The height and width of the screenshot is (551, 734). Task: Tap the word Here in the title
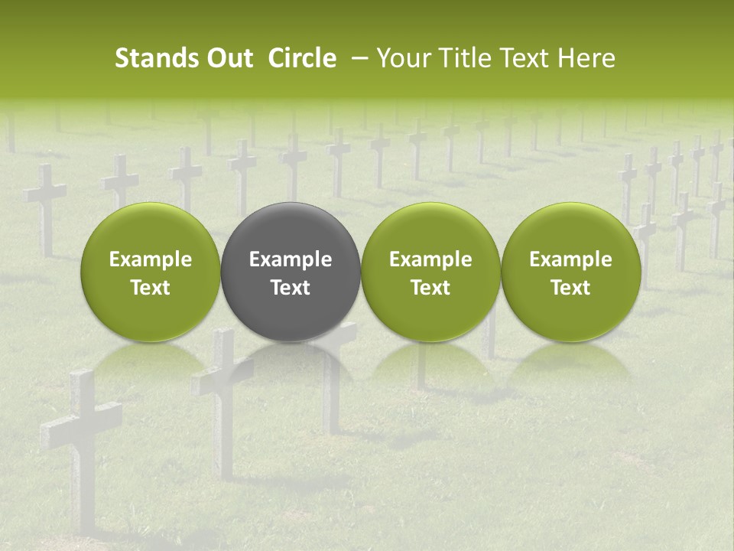586,58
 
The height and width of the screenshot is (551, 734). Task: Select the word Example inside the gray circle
291,259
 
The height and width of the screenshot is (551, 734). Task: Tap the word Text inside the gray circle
291,288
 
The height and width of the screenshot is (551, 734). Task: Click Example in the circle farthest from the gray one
570,259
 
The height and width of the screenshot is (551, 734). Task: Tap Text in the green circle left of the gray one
150,288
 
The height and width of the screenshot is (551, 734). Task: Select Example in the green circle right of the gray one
430,259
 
